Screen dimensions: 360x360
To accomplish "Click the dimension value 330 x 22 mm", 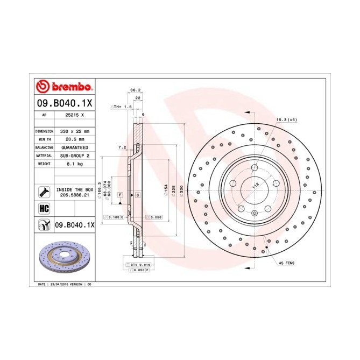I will click(x=74, y=131).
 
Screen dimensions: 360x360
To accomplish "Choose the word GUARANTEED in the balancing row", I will click(x=74, y=147).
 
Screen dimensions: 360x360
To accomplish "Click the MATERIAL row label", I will click(x=44, y=155).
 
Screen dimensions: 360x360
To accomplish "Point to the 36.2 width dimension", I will click(x=135, y=90).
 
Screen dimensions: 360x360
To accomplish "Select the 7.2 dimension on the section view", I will click(x=122, y=147).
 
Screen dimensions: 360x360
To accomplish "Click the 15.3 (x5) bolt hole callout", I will click(x=286, y=120).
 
